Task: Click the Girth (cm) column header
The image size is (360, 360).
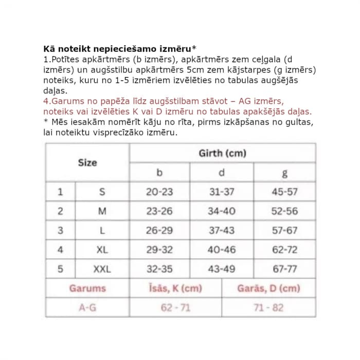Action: pos(222,153)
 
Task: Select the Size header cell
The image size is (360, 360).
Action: pos(87,163)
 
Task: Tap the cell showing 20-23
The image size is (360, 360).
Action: pos(159,192)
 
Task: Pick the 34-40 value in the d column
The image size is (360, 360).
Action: pos(222,211)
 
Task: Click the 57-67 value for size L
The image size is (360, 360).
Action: pos(284,230)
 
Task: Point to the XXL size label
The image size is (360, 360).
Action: pos(102,269)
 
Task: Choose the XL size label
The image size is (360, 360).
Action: pos(102,249)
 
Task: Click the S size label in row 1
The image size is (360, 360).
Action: pos(102,192)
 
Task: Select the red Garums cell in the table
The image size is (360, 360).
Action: pos(87,289)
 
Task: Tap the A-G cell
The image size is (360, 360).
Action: pos(87,308)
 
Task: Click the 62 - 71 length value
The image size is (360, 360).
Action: pos(175,308)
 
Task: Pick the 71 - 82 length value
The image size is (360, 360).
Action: pos(268,308)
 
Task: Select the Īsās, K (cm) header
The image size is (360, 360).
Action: pos(175,289)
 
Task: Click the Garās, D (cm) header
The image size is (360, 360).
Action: pos(268,289)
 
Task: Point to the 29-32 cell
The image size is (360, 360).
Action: pos(159,249)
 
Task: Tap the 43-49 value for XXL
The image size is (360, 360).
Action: pos(222,269)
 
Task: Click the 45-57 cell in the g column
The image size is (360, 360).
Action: pos(284,192)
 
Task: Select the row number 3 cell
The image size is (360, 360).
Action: pos(60,230)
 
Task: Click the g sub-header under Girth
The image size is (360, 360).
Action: pos(284,173)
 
